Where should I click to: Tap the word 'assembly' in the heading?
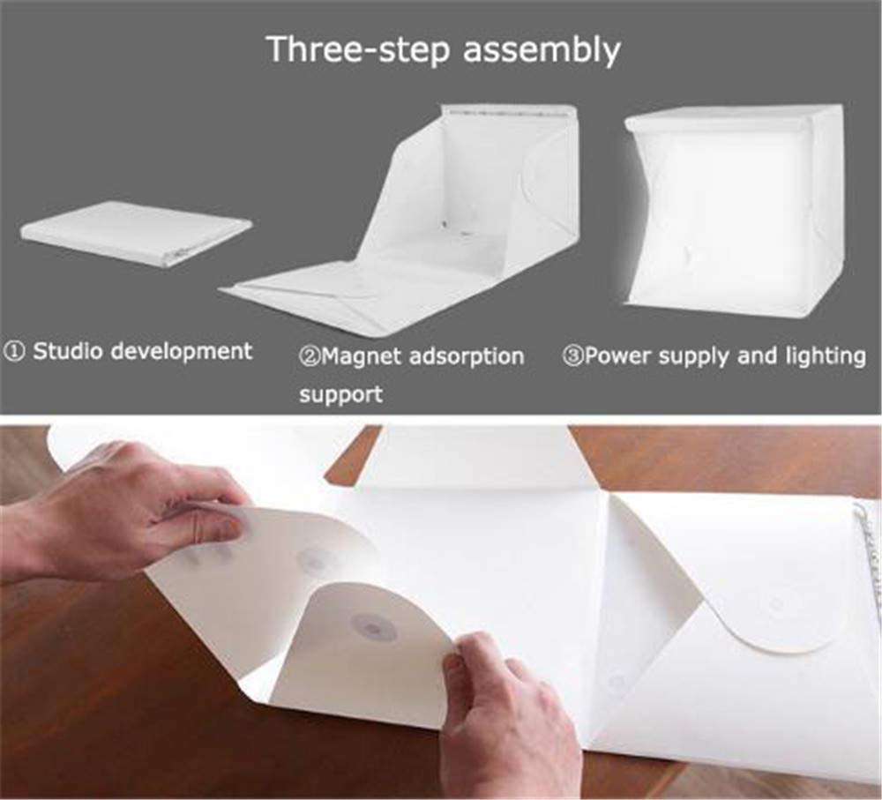coord(542,50)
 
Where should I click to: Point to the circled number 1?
coord(14,352)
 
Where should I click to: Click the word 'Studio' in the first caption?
coord(68,351)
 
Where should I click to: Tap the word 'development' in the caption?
coord(181,353)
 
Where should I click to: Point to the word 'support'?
coord(340,394)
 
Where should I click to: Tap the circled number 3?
coord(572,356)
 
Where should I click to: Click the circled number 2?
coord(309,357)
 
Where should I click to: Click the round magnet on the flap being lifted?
coord(372,627)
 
